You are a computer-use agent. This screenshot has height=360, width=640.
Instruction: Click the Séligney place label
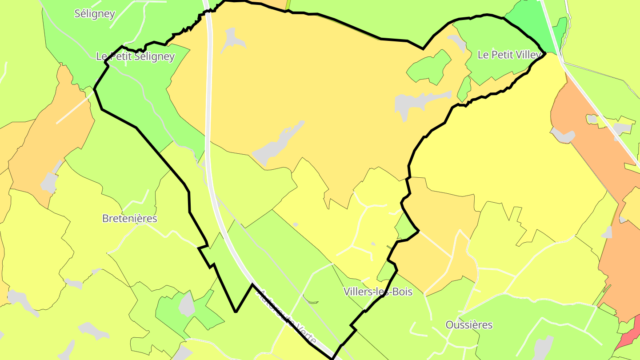click(95, 14)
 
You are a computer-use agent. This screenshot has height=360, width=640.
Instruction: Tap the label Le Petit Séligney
click(135, 56)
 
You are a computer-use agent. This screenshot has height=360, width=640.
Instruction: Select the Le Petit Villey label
click(509, 55)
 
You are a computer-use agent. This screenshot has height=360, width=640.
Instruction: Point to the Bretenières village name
click(129, 218)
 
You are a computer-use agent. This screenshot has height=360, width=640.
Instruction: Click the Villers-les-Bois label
click(378, 292)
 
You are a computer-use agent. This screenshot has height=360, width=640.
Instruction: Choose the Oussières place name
click(469, 324)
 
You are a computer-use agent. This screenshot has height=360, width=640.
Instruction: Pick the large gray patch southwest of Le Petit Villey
click(418, 103)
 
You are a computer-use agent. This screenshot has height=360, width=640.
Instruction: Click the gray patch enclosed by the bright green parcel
click(187, 305)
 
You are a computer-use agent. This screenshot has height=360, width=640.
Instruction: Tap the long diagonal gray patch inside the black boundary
click(278, 142)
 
